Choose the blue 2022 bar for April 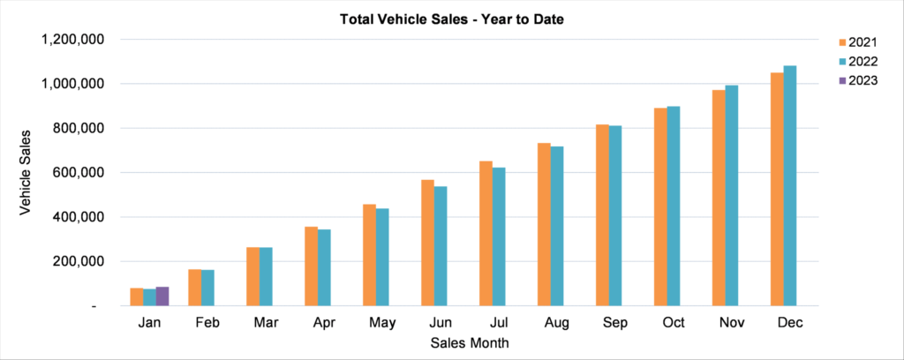pyautogui.click(x=324, y=267)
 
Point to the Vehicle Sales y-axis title pyautogui.click(x=26, y=172)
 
